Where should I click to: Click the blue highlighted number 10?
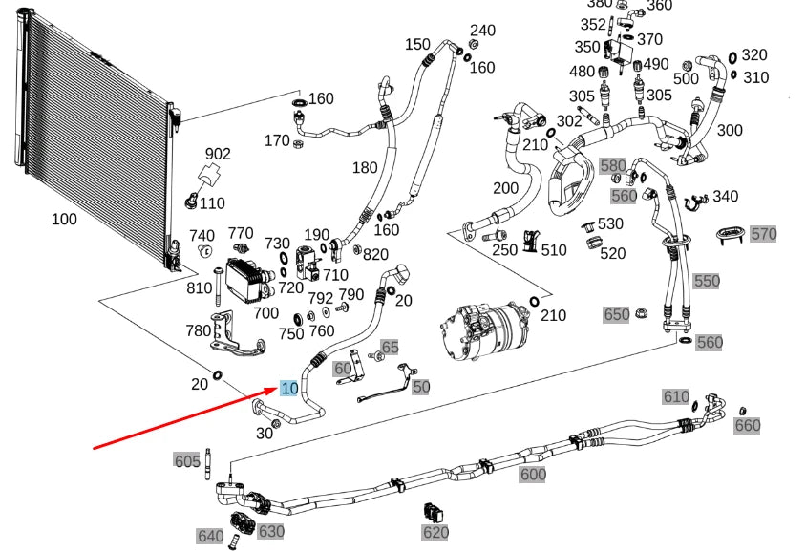288,387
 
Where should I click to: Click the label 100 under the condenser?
64,219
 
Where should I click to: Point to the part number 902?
218,154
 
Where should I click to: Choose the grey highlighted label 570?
764,233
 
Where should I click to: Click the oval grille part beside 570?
729,235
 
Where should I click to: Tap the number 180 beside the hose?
365,168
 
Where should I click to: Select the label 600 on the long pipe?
532,474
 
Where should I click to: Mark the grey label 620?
435,532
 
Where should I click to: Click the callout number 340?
725,197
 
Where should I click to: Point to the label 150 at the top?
417,44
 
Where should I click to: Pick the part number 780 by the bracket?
198,330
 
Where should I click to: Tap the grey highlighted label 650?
617,314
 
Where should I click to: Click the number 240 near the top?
482,31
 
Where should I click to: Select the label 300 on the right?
730,130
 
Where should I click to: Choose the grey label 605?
187,461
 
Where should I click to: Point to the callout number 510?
553,250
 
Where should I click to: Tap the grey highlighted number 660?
747,425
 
